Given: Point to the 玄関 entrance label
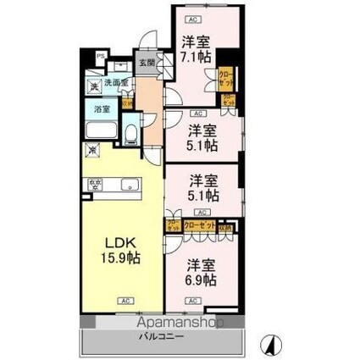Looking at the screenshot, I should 147,62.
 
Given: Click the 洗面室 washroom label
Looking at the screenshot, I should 114,83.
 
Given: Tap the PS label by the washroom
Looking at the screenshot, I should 100,58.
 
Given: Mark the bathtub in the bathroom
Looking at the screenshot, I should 103,130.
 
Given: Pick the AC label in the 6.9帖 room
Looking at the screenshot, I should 193,301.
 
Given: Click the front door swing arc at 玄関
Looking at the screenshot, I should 149,40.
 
